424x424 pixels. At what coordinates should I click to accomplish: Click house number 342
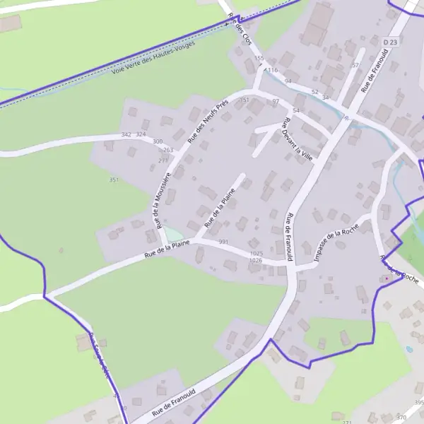pyautogui.click(x=126, y=134)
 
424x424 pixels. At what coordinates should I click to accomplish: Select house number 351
pyautogui.click(x=113, y=180)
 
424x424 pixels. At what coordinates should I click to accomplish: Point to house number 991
pyautogui.click(x=224, y=242)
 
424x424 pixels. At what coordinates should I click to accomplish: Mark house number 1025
pyautogui.click(x=256, y=253)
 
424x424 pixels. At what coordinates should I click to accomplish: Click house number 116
pyautogui.click(x=273, y=71)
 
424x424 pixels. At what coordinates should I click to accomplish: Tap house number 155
pyautogui.click(x=259, y=58)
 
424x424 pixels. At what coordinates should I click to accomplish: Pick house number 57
pyautogui.click(x=355, y=65)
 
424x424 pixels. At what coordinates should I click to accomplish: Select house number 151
pyautogui.click(x=245, y=101)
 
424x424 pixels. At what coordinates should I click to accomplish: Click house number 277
pyautogui.click(x=163, y=160)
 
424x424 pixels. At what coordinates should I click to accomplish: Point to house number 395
pyautogui.click(x=419, y=403)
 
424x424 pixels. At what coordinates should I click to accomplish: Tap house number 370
pyautogui.click(x=402, y=418)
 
